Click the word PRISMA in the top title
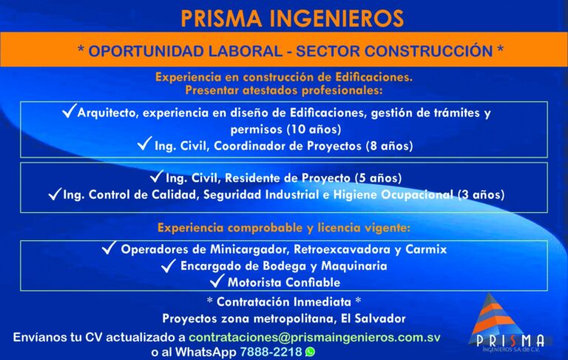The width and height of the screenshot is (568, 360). [221, 18]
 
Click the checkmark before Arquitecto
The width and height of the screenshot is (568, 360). [69, 110]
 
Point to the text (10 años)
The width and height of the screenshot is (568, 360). [314, 129]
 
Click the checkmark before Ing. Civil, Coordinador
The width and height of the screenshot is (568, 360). [144, 143]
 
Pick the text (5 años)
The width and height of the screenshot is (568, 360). [378, 178]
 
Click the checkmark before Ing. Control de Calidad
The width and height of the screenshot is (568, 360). [55, 194]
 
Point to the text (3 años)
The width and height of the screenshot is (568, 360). [481, 195]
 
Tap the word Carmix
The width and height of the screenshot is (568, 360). [426, 250]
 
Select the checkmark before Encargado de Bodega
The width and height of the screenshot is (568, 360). [169, 265]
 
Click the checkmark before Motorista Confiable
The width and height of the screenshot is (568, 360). [217, 281]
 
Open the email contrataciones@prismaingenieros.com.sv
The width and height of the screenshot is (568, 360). [314, 338]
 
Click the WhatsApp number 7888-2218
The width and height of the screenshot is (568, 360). [271, 352]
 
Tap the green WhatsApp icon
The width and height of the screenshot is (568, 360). [310, 352]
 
